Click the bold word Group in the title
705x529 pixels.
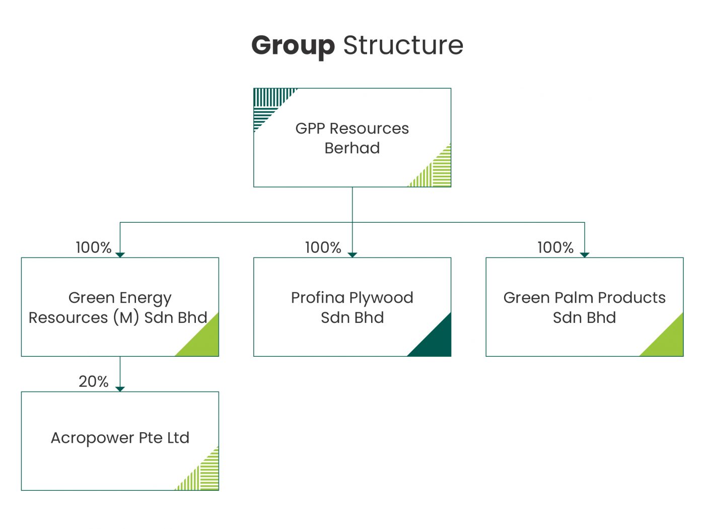293,46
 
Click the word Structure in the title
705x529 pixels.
403,45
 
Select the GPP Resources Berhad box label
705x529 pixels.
352,138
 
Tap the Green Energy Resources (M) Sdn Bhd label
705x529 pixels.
119,308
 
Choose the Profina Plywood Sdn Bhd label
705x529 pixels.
352,308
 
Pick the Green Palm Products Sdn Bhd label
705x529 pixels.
584,308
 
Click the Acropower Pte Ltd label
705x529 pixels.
120,437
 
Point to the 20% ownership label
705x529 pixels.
94,381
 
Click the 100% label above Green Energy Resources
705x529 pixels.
94,247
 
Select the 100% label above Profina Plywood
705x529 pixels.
323,247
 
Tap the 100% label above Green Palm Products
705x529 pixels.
555,247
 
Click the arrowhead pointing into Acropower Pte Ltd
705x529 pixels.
120,388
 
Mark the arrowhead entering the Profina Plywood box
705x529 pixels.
352,254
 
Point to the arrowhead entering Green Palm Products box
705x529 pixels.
585,254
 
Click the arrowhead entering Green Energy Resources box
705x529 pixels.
120,254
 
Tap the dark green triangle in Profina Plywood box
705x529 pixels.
436,342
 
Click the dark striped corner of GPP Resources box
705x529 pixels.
267,103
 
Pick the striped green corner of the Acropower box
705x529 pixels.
204,476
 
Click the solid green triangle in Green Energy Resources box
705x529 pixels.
204,342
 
